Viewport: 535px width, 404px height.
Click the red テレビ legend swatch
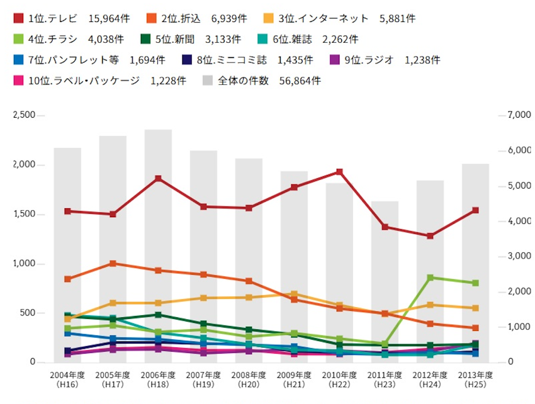(19, 19)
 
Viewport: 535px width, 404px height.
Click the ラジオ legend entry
(378, 60)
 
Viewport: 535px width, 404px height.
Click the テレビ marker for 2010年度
(339, 172)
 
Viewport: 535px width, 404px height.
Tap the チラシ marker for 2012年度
(430, 278)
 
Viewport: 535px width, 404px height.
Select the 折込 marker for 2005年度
(113, 264)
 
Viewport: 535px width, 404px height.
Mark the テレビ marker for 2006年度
(158, 179)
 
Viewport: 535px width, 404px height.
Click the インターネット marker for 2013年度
(475, 308)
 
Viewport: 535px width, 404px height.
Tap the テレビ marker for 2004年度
(67, 211)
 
